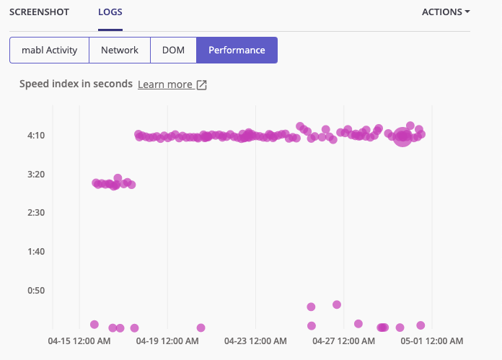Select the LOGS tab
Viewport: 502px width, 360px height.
[x=110, y=12]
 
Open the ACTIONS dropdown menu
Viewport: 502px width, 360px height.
[x=445, y=12]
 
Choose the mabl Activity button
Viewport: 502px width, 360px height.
[x=49, y=51]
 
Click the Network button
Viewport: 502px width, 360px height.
[x=120, y=51]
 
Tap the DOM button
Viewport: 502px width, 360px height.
[x=173, y=51]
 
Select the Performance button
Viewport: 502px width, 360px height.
[x=237, y=51]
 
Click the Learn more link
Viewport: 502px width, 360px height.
[x=165, y=84]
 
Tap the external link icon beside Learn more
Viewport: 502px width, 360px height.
[x=202, y=85]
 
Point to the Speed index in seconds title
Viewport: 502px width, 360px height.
[x=76, y=84]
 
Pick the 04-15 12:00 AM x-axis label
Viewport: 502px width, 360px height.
[x=79, y=340]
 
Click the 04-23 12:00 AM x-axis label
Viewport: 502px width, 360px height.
[x=255, y=340]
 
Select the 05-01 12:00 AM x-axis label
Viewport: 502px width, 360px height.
[x=432, y=340]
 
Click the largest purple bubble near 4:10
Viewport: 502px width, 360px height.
[x=402, y=137]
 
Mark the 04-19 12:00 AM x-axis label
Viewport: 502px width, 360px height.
[x=167, y=340]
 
